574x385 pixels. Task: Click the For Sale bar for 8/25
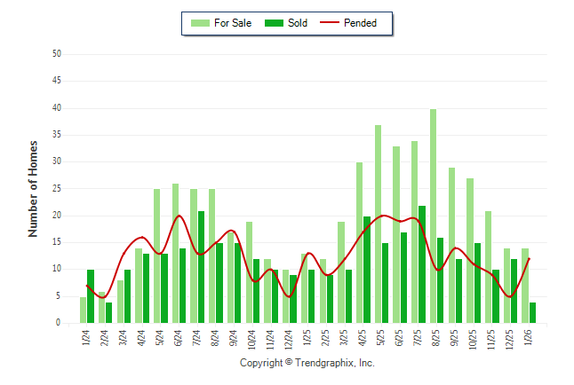(433, 216)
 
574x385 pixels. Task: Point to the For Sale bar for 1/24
(83, 310)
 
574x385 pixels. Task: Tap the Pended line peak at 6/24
(179, 216)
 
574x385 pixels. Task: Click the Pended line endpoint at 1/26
(530, 259)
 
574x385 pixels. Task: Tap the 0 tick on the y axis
(58, 324)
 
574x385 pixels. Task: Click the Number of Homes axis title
(33, 188)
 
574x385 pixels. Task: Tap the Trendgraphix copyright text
(307, 363)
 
